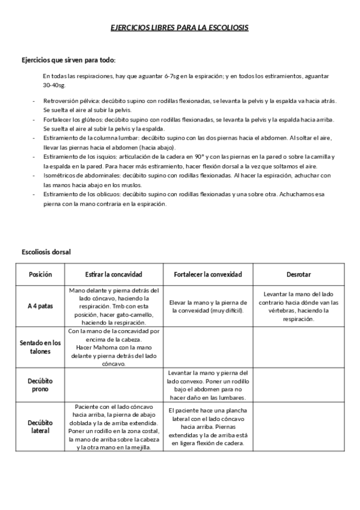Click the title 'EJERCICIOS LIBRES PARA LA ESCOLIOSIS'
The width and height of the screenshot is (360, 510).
[179, 28]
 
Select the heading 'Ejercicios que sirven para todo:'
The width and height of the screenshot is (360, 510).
[69, 61]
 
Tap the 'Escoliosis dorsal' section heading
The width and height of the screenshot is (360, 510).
[46, 252]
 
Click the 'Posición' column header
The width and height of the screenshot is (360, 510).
[40, 274]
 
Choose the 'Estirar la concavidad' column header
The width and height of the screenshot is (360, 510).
[113, 274]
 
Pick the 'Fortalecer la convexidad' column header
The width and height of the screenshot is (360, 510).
[208, 274]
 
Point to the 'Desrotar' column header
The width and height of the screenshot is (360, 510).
[299, 274]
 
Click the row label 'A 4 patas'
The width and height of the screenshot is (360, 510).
[40, 306]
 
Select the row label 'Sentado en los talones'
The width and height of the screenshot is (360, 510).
[40, 347]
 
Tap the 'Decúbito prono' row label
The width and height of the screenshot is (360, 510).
[40, 385]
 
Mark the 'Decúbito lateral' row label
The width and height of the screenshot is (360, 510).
[40, 426]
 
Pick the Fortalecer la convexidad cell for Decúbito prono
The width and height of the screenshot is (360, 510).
[208, 385]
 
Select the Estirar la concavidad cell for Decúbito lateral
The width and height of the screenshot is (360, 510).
[113, 427]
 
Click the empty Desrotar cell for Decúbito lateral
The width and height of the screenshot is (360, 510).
[299, 427]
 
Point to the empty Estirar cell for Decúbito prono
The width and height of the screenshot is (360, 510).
[113, 385]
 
